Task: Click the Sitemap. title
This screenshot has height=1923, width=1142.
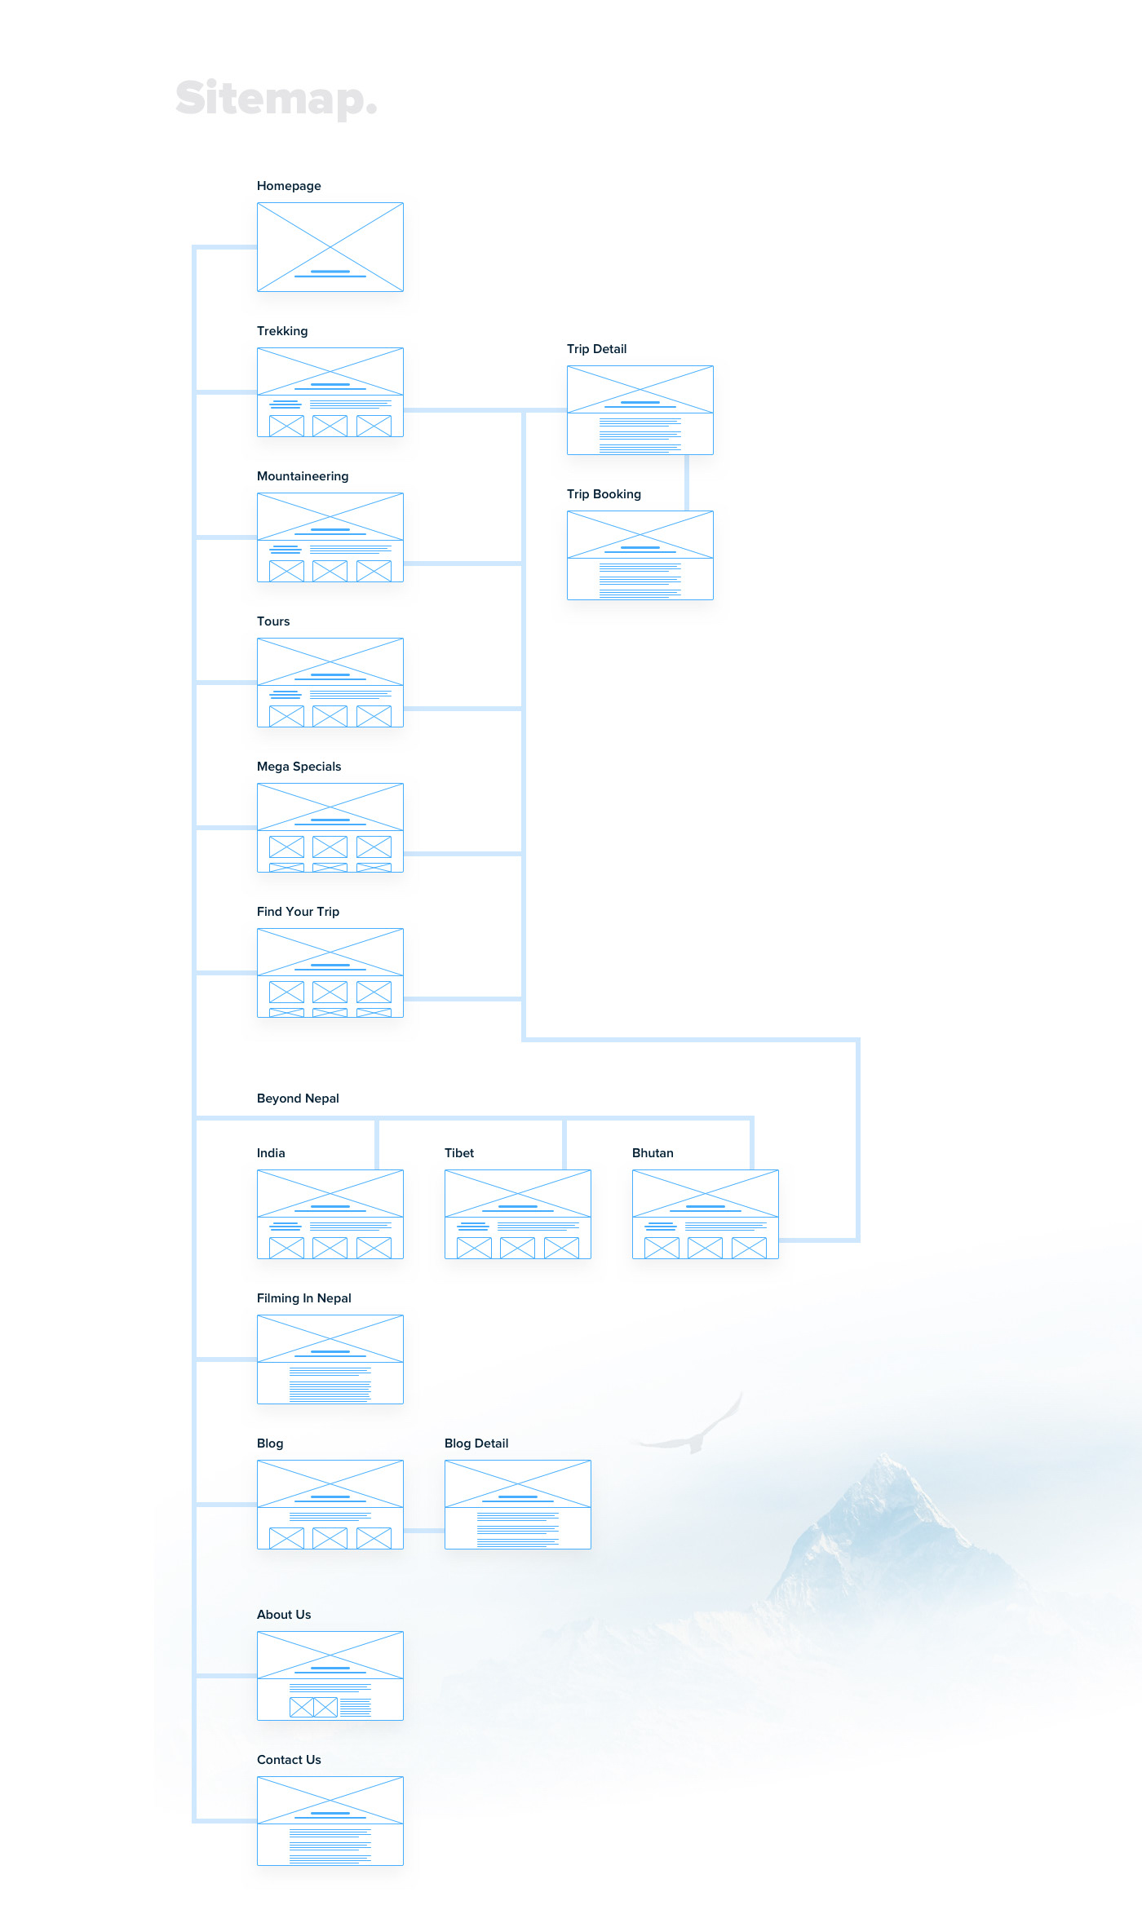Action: point(276,99)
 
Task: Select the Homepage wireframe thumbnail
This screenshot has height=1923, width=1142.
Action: point(330,247)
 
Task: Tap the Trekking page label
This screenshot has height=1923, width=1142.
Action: point(282,331)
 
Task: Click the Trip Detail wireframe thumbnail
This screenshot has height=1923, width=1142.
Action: point(640,410)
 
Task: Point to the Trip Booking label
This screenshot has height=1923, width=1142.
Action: point(604,494)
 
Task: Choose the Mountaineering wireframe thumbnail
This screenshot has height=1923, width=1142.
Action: point(330,537)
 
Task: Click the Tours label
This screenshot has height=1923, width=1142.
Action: point(273,621)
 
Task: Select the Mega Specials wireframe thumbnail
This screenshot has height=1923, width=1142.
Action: point(330,828)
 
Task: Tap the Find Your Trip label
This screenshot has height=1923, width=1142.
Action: point(298,912)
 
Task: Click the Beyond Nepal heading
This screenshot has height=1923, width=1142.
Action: point(298,1099)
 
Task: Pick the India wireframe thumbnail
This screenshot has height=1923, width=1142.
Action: point(330,1214)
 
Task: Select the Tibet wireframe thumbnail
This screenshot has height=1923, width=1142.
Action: point(518,1214)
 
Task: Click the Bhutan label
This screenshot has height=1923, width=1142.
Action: point(653,1153)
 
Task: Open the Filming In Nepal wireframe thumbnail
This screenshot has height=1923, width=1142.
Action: point(330,1359)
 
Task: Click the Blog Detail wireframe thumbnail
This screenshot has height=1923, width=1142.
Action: point(518,1505)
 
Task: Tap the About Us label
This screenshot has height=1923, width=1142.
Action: point(284,1615)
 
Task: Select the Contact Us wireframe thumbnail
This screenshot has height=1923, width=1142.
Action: point(330,1821)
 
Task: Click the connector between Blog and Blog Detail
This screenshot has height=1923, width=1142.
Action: point(424,1531)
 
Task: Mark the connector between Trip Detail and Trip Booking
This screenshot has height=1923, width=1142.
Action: point(687,483)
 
